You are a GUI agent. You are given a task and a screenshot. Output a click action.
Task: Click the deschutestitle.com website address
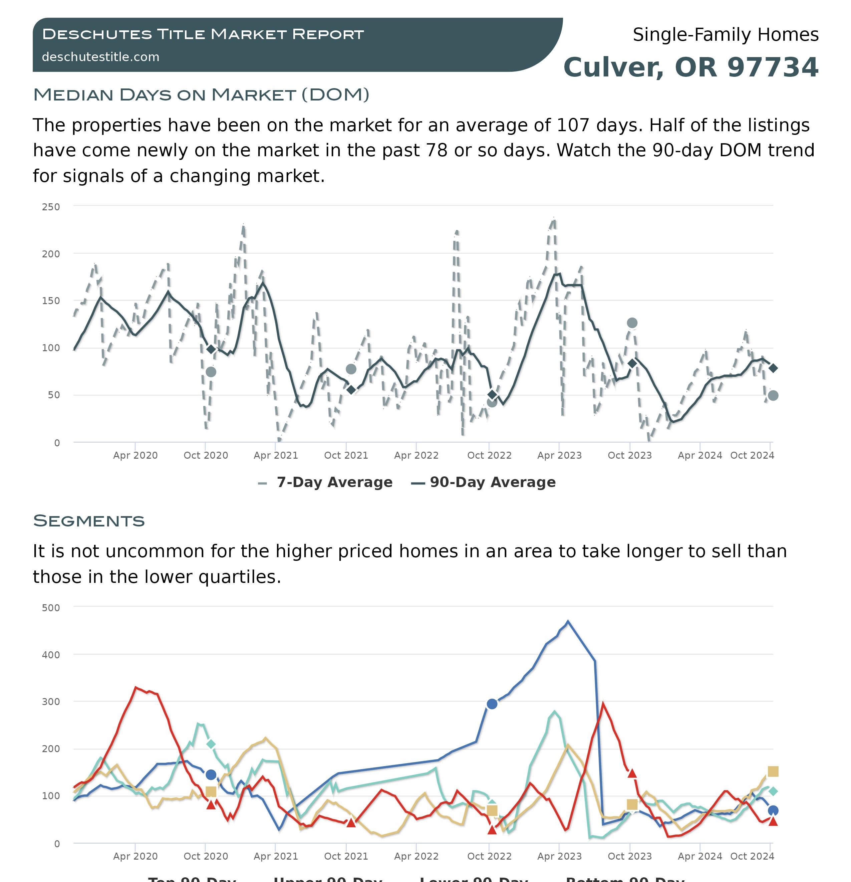[100, 57]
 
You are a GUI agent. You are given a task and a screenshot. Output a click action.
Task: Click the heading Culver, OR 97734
[690, 67]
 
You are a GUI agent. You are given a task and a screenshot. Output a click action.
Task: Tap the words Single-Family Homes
[725, 35]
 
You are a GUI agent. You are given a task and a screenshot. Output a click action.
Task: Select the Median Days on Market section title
[201, 95]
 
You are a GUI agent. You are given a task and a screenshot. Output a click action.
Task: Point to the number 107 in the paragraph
[573, 126]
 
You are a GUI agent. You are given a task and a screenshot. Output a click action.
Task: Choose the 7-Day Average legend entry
[334, 482]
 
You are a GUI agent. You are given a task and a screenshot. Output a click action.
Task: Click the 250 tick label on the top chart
[51, 207]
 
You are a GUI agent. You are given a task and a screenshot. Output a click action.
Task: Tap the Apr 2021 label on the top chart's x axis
[276, 455]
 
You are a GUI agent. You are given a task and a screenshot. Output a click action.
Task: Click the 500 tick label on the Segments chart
[51, 608]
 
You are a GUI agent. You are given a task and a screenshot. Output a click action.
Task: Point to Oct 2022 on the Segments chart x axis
[489, 856]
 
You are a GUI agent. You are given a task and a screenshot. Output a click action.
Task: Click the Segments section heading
[89, 521]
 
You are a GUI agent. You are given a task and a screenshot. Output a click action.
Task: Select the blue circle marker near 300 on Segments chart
[492, 704]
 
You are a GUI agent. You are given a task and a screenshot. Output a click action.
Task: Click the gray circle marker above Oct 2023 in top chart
[632, 323]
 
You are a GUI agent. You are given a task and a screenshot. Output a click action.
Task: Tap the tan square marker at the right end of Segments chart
[773, 772]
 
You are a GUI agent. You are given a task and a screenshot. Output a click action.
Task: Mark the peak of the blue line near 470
[568, 622]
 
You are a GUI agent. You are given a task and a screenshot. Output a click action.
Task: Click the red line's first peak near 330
[136, 688]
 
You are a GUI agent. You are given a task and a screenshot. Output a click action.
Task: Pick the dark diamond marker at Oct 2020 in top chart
[211, 349]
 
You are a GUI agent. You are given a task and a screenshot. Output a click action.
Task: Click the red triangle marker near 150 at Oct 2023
[632, 774]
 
